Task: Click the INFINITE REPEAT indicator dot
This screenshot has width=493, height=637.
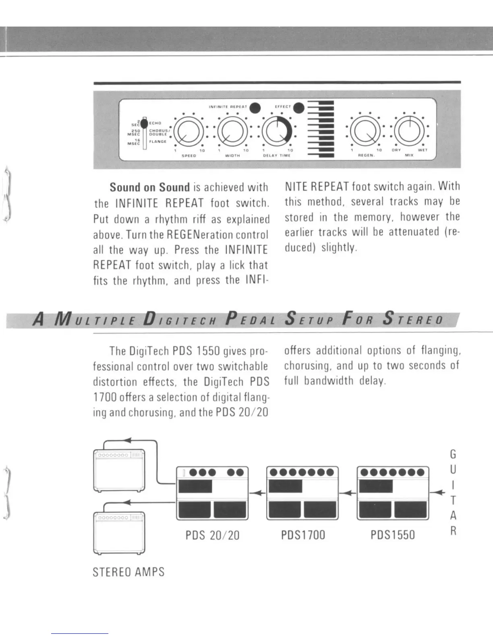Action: point(255,108)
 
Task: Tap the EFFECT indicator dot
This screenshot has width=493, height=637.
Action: point(299,108)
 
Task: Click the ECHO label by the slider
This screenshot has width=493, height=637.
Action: point(155,123)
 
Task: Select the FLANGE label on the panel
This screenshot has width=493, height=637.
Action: point(158,141)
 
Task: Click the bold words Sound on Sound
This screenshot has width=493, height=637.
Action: point(149,187)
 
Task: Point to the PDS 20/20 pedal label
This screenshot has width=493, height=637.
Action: point(212,535)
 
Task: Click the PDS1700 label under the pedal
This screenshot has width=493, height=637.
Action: point(303,535)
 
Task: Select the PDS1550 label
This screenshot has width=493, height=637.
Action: point(393,535)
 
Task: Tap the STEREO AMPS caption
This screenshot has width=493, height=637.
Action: point(128,572)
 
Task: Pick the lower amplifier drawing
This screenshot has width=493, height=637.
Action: point(119,532)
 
